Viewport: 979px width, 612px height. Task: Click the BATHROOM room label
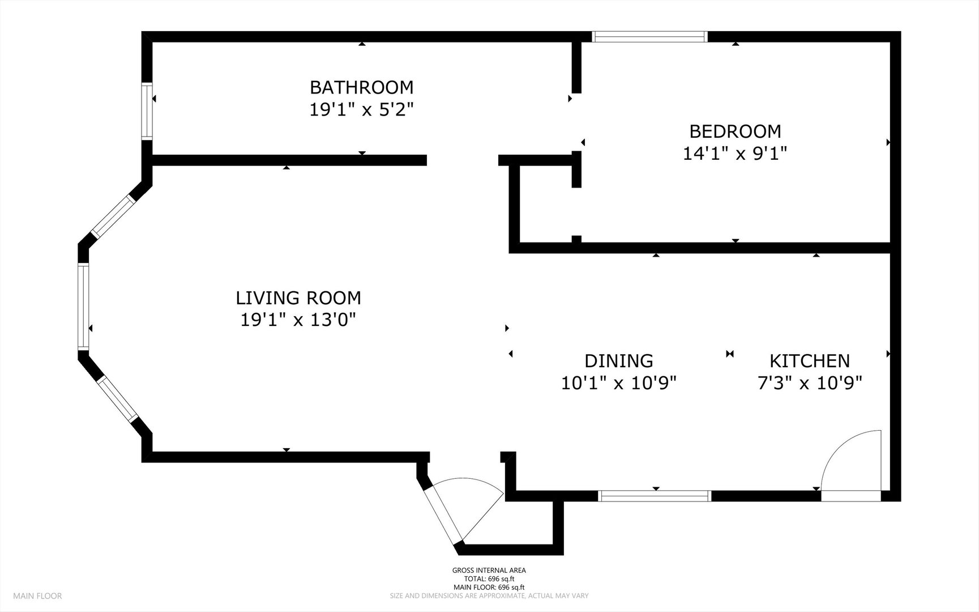tap(361, 87)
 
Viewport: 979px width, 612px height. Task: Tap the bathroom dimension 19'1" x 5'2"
tap(361, 109)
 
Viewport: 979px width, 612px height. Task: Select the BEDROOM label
tap(735, 131)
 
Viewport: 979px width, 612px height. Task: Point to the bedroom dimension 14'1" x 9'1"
tap(735, 154)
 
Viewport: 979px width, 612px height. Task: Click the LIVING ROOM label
tap(298, 298)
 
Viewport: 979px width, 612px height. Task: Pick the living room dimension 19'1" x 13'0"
tap(298, 320)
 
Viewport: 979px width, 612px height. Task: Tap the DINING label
tap(618, 361)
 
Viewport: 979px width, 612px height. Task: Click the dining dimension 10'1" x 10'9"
tap(618, 383)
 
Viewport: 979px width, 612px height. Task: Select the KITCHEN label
tap(809, 361)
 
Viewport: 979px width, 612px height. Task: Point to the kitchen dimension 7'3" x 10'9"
tap(809, 383)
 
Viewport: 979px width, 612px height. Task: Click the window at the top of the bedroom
tap(649, 37)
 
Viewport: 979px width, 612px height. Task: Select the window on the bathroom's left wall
tap(147, 111)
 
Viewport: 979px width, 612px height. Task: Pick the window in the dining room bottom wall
tap(655, 496)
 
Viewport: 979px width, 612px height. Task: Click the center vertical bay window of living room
tap(83, 307)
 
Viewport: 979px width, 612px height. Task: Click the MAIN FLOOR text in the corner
tap(37, 596)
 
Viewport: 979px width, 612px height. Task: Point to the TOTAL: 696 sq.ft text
tap(489, 579)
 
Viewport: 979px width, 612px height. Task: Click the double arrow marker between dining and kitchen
tap(730, 354)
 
